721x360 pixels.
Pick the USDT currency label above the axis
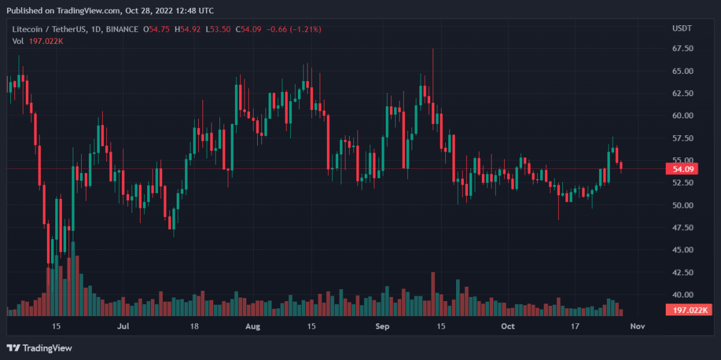tap(681, 28)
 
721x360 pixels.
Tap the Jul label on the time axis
tap(123, 326)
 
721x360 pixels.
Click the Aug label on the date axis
tap(253, 326)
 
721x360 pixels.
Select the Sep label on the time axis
tap(382, 326)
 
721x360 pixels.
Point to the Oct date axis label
tap(508, 326)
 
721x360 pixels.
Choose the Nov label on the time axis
tap(637, 326)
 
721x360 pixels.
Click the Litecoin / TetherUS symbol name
tap(50, 29)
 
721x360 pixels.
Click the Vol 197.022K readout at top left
tap(37, 40)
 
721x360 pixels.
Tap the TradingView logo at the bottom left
tap(39, 348)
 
